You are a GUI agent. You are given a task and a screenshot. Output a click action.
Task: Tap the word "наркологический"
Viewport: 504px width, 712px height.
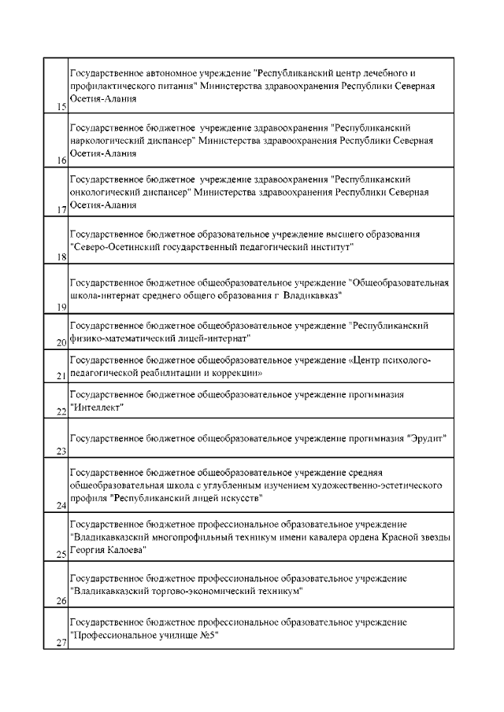click(108, 140)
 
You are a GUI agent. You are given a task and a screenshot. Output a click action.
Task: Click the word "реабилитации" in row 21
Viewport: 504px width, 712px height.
click(166, 372)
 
